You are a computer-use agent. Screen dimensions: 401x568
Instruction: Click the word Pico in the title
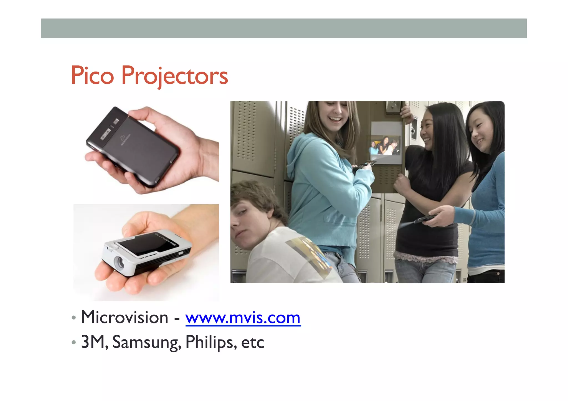[x=92, y=75]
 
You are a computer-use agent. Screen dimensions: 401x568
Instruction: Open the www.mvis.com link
[x=243, y=318]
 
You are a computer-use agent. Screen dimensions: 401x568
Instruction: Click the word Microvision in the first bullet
[x=125, y=318]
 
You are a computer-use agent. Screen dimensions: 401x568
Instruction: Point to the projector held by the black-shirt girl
[x=424, y=219]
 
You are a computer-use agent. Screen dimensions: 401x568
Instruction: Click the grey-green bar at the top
[x=284, y=28]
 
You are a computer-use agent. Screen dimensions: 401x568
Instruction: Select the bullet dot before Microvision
[x=73, y=318]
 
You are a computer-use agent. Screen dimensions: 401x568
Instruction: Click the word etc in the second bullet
[x=252, y=343]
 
